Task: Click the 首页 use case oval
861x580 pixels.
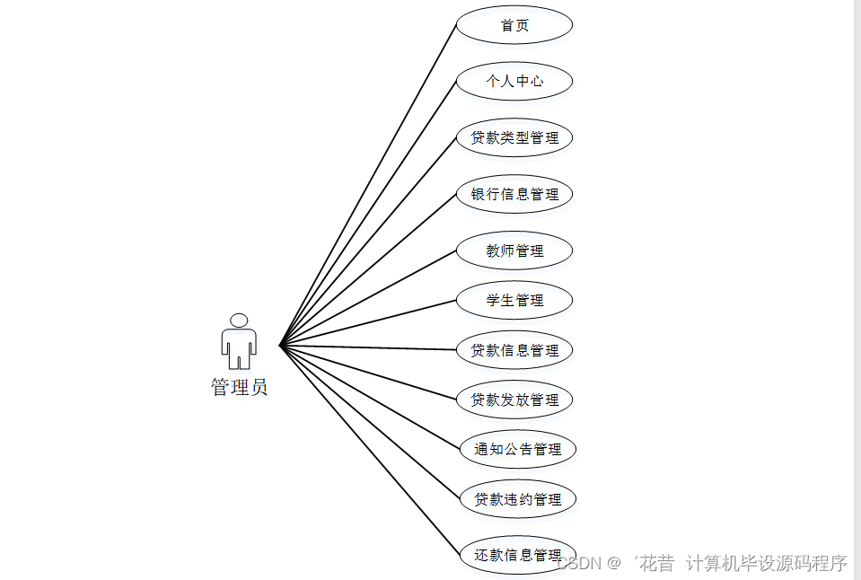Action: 514,25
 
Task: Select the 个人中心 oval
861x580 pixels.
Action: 514,81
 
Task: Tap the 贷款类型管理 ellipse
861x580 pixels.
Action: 514,137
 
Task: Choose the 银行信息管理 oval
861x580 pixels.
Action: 514,194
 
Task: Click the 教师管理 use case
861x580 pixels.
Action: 514,250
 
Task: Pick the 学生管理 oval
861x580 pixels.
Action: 514,300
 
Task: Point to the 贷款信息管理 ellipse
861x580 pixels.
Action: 514,350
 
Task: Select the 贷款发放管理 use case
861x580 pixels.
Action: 514,400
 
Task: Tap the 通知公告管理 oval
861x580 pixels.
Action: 517,449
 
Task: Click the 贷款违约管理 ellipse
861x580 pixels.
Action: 517,499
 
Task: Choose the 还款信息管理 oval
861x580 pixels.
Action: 517,555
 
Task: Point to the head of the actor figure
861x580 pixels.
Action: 239,320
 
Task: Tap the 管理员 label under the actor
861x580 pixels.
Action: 239,388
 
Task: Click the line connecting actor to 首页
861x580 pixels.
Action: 368,185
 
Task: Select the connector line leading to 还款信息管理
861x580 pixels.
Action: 368,450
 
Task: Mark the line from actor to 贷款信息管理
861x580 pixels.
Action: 368,347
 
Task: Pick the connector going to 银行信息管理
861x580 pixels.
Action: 368,269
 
